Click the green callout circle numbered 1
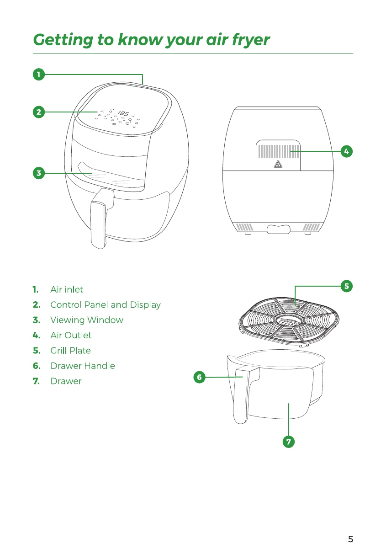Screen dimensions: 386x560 click(39, 74)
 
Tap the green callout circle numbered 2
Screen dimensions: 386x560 click(39, 112)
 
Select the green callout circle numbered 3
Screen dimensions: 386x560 click(39, 173)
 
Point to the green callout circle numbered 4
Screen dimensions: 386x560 click(347, 151)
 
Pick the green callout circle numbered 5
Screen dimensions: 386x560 click(347, 286)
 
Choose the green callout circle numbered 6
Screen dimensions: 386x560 click(199, 377)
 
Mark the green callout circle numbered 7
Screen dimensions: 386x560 click(288, 442)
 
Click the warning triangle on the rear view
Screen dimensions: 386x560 click(277, 165)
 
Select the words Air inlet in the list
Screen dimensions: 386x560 click(67, 289)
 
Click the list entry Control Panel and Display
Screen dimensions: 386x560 click(105, 304)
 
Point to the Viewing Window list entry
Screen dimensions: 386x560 click(87, 320)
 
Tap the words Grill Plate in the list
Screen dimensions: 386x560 click(70, 351)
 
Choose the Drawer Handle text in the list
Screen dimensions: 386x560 click(82, 366)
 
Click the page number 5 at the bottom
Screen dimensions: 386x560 click(350, 539)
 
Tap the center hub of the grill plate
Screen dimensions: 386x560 click(286, 320)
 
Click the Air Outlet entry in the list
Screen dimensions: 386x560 click(71, 335)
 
